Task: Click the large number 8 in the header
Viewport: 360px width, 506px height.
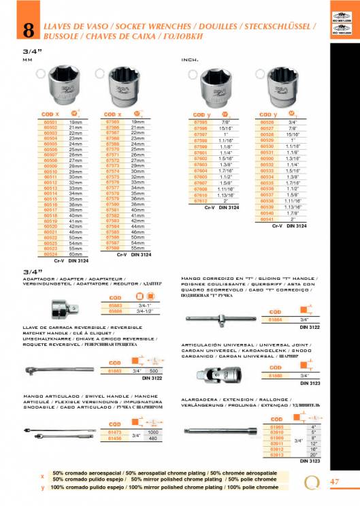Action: tap(29, 30)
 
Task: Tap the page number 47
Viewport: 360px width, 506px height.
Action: tap(333, 482)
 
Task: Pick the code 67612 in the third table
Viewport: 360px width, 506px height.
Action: tap(200, 201)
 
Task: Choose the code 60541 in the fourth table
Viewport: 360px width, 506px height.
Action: tap(269, 220)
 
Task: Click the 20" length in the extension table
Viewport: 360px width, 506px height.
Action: tap(316, 455)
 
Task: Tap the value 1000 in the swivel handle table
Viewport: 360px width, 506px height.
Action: tap(153, 432)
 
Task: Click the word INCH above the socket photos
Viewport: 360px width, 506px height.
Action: tap(190, 60)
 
